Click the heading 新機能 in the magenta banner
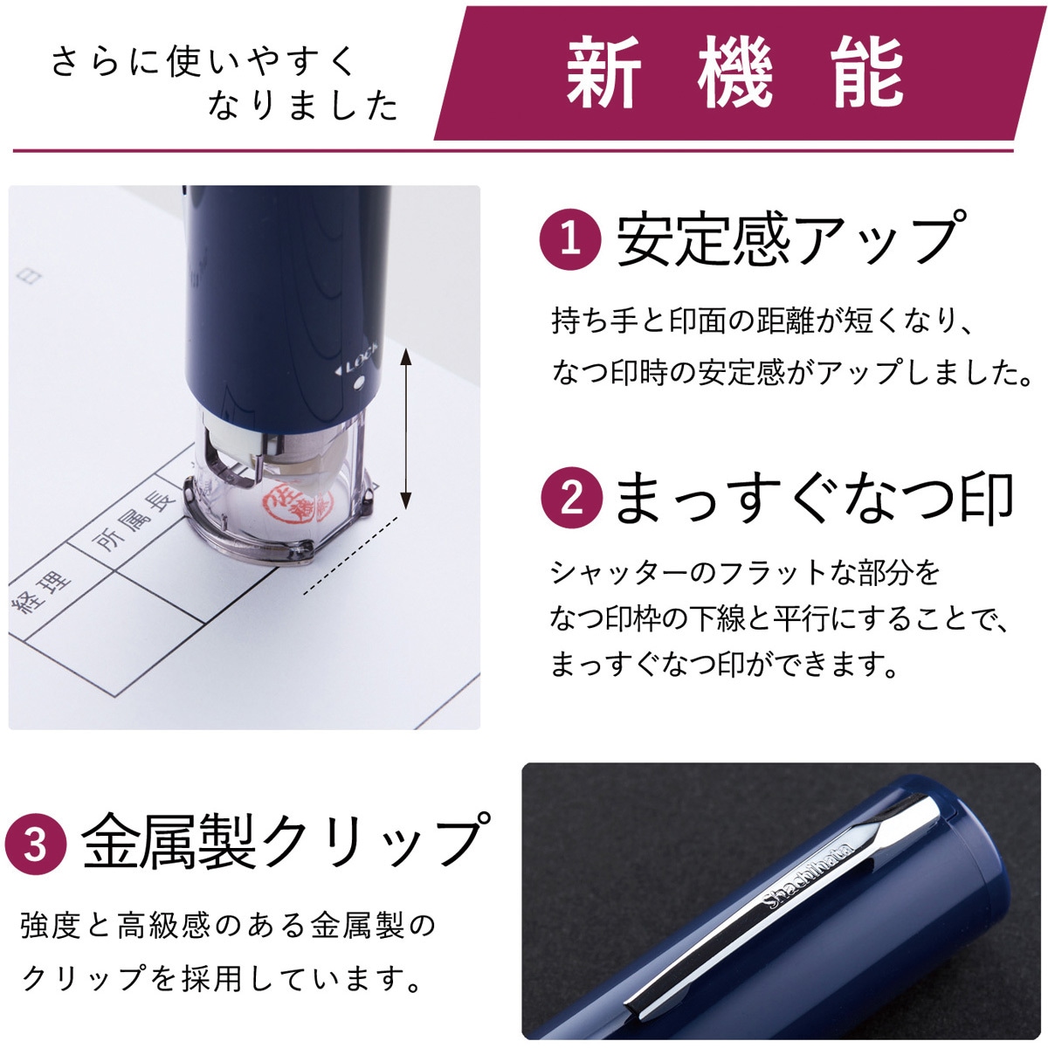(734, 73)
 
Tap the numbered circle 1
(570, 238)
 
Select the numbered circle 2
(570, 498)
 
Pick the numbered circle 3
(36, 844)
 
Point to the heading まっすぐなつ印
(812, 498)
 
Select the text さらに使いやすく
(205, 62)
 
